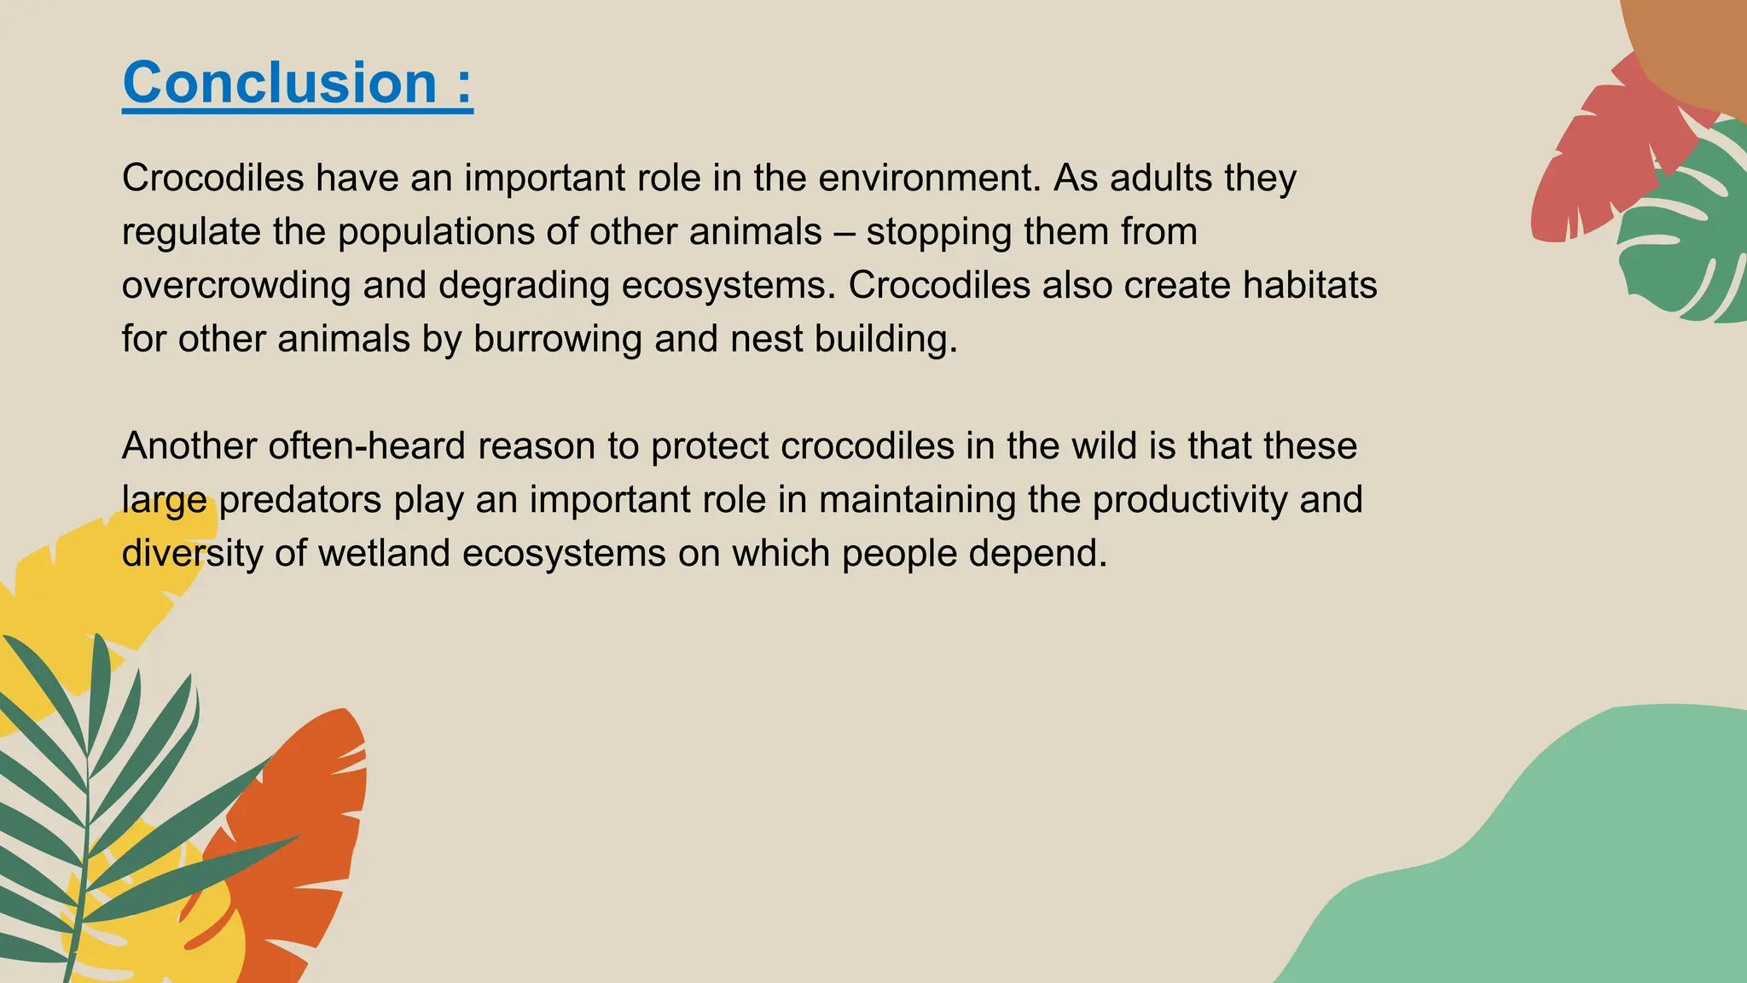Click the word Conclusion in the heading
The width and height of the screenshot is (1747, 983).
click(x=280, y=84)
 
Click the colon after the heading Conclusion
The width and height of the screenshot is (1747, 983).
click(x=464, y=85)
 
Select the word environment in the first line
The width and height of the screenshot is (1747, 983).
click(x=930, y=178)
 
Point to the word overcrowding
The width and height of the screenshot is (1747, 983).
click(x=236, y=286)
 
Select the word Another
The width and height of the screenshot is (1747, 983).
click(x=189, y=446)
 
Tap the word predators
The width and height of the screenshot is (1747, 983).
click(x=300, y=500)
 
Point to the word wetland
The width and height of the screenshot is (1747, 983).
click(x=384, y=554)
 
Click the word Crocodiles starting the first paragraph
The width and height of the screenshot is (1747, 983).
click(x=213, y=178)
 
